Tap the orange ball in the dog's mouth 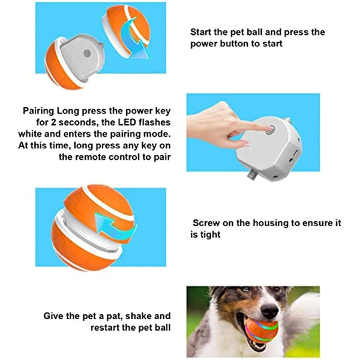pos(261,329)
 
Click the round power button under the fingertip pos(271,130)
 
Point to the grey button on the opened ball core pos(87,53)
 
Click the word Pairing pos(38,111)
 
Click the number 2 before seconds pos(53,122)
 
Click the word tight pos(210,235)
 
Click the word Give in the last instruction pos(53,316)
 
